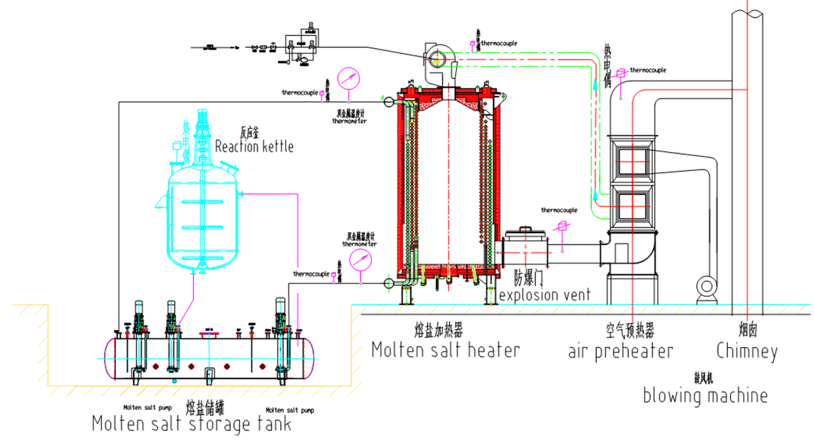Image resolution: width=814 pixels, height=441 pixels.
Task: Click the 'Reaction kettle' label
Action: click(x=254, y=146)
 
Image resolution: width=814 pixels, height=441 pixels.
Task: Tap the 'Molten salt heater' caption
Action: click(x=446, y=349)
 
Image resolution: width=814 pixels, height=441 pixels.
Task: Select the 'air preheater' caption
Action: click(x=620, y=351)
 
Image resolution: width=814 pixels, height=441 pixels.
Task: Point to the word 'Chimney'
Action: click(x=746, y=351)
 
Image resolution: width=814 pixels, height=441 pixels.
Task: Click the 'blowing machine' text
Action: click(x=704, y=394)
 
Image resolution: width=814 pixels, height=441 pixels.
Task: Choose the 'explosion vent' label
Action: click(x=544, y=295)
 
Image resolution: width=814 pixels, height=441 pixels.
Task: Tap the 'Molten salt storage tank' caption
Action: click(x=191, y=424)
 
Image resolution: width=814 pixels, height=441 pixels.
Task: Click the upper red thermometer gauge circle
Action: click(x=348, y=78)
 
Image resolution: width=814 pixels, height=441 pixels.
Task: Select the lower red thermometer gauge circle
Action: click(x=360, y=259)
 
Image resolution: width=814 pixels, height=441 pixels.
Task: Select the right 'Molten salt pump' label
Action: click(x=290, y=410)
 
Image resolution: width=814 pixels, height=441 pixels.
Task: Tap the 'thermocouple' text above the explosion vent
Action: click(x=559, y=210)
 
